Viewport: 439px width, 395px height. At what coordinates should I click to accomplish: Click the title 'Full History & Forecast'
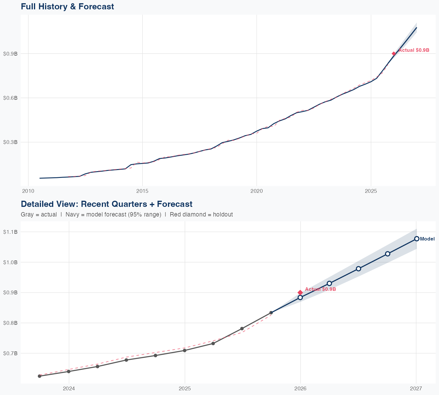coord(67,6)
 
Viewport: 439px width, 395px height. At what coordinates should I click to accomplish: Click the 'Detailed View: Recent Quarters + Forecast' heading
coord(107,204)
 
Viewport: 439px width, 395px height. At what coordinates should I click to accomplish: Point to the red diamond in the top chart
coord(394,54)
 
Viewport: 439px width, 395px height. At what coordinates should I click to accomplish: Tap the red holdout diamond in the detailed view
coord(300,293)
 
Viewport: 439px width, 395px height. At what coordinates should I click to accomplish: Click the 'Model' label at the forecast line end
coord(427,239)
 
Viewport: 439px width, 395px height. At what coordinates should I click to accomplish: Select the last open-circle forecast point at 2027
coord(417,239)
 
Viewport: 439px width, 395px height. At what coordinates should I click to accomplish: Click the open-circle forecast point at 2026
coord(300,298)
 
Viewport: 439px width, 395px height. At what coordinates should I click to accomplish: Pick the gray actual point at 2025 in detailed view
coord(185,351)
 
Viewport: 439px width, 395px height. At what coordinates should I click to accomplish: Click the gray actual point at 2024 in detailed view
coord(69,372)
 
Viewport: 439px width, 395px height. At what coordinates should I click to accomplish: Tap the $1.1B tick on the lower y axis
coord(10,232)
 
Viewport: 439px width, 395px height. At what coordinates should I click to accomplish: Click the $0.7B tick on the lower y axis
coord(10,353)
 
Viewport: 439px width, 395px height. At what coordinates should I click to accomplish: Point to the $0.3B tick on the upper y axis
coord(10,142)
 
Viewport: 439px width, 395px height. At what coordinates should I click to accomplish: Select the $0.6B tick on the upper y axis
coord(10,98)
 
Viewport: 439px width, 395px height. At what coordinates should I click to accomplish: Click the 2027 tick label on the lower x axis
coord(416,389)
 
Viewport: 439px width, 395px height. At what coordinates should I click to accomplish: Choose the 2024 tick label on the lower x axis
coord(69,389)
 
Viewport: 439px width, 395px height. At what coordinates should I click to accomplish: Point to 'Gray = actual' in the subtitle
coord(39,214)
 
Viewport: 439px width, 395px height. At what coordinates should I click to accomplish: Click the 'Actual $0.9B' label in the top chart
coord(414,50)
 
